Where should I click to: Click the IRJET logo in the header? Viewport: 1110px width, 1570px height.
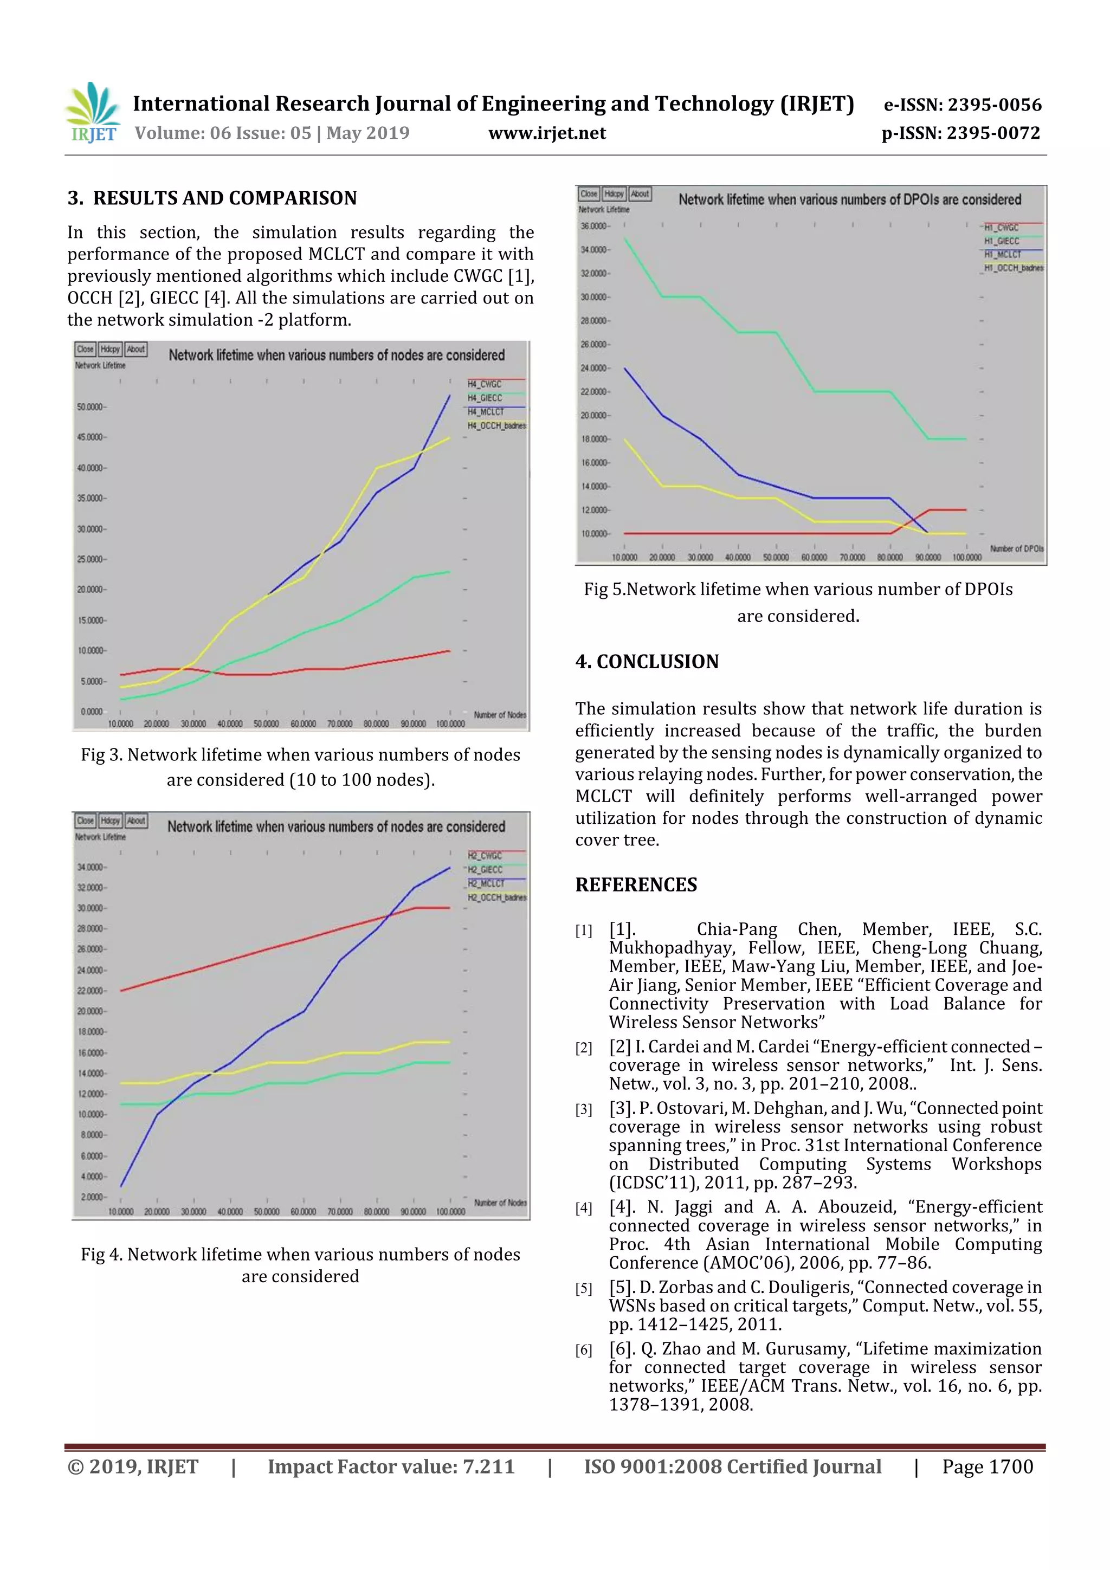(x=92, y=112)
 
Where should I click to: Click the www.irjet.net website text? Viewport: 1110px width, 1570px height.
(x=546, y=133)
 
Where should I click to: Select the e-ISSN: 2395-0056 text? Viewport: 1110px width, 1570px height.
(x=962, y=105)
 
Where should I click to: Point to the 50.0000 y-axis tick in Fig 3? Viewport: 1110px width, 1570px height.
(x=91, y=407)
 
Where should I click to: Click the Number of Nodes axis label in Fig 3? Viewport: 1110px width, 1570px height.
(x=500, y=715)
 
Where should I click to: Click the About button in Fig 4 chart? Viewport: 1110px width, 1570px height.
(x=136, y=820)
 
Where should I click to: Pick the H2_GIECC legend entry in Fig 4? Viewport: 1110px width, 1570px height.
(x=485, y=870)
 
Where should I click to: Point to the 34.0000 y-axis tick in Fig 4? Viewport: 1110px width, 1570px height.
(x=91, y=867)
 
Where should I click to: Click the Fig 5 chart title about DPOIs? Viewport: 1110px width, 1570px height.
(x=849, y=199)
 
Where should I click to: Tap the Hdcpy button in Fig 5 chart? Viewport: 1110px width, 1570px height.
(x=614, y=194)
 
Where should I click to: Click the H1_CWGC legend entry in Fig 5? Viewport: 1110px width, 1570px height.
(x=1001, y=228)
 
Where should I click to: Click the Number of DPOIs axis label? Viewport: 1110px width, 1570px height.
(x=1016, y=548)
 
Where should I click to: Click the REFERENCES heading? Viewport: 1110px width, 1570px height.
(x=636, y=885)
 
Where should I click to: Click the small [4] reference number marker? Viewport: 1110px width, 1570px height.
(x=583, y=1209)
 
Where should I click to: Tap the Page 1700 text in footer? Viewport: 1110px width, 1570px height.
(x=987, y=1466)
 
